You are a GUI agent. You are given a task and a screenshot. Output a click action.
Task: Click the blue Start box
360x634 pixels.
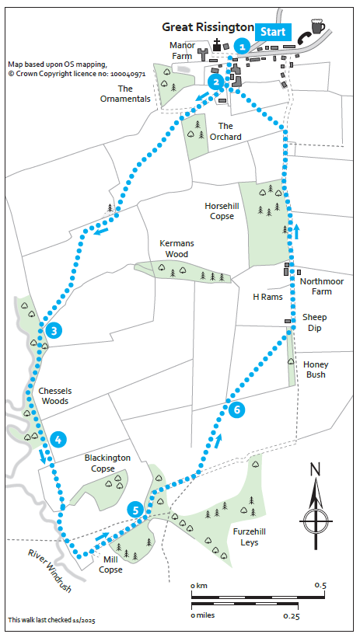coord(272,32)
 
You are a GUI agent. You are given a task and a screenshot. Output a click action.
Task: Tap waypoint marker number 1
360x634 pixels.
coord(243,47)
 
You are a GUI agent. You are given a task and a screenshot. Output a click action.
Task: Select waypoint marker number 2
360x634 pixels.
coord(215,80)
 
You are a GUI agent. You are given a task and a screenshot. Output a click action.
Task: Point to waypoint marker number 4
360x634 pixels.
coord(58,440)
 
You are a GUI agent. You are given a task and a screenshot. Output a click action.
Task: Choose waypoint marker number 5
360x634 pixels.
coord(136,510)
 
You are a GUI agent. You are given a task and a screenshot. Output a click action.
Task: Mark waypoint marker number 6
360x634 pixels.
coord(237,409)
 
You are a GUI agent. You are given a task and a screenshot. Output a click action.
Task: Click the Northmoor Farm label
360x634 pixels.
coord(316,287)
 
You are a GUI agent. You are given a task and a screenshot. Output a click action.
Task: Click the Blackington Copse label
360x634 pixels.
coord(107,463)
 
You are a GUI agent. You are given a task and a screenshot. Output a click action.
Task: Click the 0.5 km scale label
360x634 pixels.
coord(320,584)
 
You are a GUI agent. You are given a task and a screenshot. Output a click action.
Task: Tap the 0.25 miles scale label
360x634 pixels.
coord(291,615)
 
